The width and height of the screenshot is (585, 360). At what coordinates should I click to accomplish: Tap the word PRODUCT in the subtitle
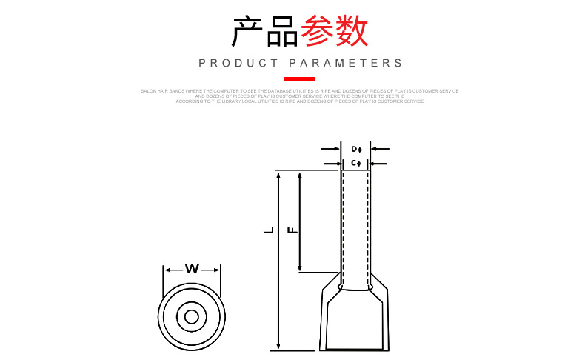tap(238, 64)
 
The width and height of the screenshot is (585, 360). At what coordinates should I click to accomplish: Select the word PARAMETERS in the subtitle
tap(346, 64)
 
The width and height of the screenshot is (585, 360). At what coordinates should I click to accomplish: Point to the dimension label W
tap(192, 269)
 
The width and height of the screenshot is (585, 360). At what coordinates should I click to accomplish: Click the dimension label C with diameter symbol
tap(355, 162)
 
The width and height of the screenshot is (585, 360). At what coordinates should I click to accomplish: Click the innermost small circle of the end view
tap(192, 317)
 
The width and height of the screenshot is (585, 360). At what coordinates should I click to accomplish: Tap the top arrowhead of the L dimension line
tap(278, 176)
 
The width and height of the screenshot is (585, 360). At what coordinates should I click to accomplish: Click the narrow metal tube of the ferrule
tap(355, 222)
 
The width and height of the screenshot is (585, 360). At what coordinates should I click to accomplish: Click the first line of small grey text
tap(300, 90)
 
